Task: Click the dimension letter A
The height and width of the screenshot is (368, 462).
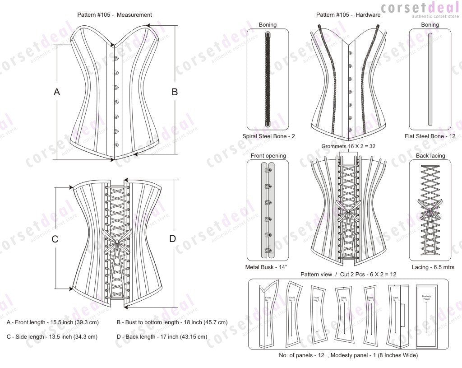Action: (57, 92)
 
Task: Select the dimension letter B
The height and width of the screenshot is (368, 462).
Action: (175, 92)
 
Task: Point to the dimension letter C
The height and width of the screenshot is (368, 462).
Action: (55, 239)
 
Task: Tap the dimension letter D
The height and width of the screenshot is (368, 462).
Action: (172, 239)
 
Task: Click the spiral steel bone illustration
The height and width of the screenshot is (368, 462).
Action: (268, 79)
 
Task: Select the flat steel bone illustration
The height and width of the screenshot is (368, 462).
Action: (430, 79)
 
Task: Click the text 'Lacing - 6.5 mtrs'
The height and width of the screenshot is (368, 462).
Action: (430, 267)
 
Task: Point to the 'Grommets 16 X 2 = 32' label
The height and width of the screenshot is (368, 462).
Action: (349, 146)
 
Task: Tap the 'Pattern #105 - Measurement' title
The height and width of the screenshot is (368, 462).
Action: (115, 15)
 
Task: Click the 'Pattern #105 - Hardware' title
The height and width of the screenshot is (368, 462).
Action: (348, 15)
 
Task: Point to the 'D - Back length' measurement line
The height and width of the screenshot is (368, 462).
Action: (162, 337)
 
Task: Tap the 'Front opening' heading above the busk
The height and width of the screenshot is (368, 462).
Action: (268, 156)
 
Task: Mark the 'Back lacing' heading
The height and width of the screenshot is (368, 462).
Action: (430, 156)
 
